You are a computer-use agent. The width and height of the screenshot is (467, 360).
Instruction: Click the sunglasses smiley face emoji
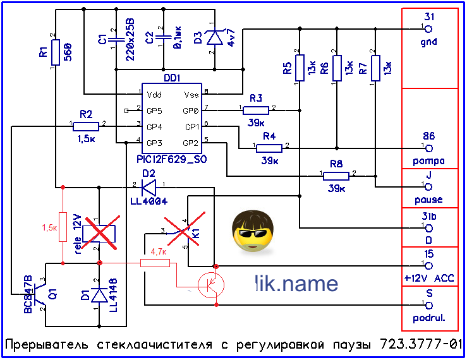[x=251, y=231]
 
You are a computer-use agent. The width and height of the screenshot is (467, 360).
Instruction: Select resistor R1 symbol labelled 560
[x=56, y=52]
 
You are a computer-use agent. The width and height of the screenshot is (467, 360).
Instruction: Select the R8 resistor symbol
[x=336, y=174]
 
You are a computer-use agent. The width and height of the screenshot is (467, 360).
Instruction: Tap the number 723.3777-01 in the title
[x=421, y=345]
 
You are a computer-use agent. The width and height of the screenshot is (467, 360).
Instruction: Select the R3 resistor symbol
[x=255, y=110]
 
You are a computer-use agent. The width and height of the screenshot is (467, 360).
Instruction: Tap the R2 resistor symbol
[x=86, y=125]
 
